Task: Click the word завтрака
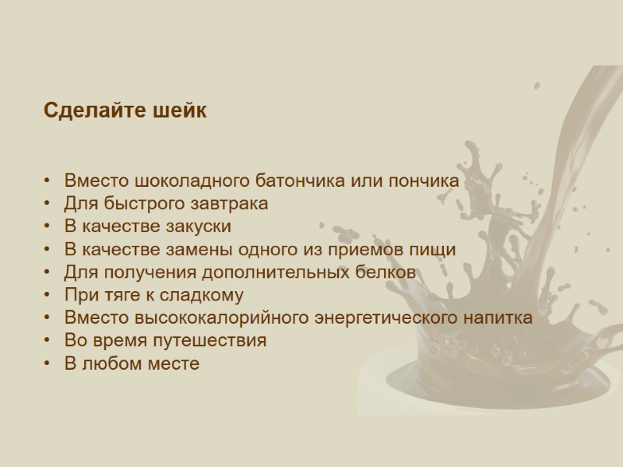[231, 204]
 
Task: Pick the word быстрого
[143, 204]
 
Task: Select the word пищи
[437, 250]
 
